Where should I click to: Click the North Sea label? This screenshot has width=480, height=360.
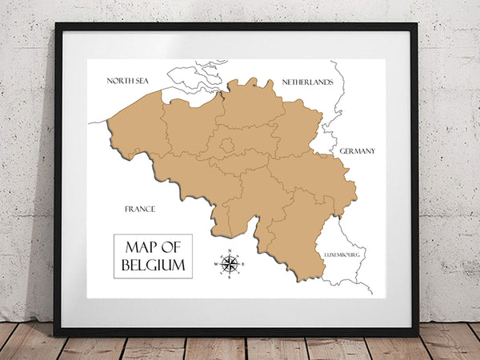(x=130, y=80)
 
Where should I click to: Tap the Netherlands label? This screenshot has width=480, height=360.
(x=307, y=82)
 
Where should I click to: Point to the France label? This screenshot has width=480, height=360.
(x=140, y=209)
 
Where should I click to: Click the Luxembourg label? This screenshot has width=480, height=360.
(x=342, y=254)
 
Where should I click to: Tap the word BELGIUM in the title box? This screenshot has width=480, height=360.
(x=153, y=264)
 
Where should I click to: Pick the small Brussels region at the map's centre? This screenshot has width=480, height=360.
(x=227, y=145)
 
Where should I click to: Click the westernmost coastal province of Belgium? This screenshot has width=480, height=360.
(x=137, y=128)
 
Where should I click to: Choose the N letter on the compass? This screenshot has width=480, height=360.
(x=230, y=253)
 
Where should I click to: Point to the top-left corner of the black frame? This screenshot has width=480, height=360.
(x=57, y=25)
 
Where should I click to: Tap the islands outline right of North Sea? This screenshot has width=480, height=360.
(x=192, y=78)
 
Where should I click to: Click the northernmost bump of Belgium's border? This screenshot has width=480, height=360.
(x=251, y=81)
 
